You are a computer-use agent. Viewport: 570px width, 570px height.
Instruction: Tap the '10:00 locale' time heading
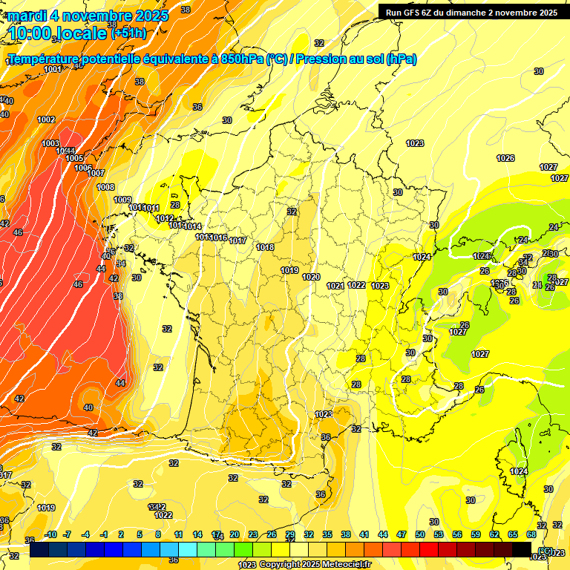point(56,33)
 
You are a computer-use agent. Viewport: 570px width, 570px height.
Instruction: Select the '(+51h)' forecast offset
point(128,33)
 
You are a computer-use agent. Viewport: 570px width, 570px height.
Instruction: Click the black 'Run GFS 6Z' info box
point(471,12)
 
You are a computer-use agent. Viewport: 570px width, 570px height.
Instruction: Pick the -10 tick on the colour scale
point(50,534)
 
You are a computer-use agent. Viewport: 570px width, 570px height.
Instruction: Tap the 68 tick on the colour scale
point(531,534)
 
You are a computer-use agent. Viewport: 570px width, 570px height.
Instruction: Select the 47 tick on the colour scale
point(402,534)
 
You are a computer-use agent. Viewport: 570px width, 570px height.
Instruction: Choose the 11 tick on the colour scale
point(178,534)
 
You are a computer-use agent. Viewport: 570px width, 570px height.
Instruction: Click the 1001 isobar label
point(53,69)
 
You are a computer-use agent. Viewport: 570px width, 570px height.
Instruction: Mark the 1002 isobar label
point(46,119)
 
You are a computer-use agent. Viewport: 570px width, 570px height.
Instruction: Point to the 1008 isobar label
point(105,187)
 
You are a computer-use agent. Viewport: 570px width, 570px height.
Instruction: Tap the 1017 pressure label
point(237,240)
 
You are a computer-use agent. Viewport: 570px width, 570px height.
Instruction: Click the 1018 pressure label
point(265,247)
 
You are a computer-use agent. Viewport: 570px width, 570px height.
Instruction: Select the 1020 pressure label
point(311,277)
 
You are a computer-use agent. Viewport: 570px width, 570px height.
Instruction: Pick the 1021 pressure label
point(335,286)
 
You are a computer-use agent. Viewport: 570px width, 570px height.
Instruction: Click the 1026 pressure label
point(505,158)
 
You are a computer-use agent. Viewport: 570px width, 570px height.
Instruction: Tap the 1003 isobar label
point(50,143)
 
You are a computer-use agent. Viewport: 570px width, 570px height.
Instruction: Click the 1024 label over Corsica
point(519,471)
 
